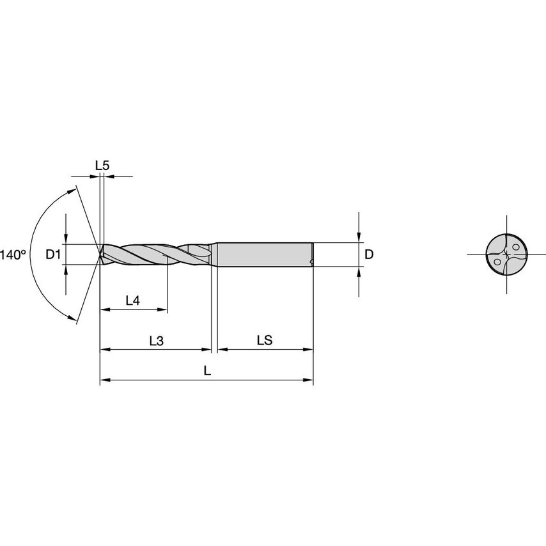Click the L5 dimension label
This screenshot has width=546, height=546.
102,166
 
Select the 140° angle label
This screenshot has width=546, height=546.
13,254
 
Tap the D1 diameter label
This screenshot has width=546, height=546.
53,254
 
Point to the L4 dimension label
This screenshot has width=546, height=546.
132,300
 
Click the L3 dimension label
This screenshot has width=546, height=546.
156,341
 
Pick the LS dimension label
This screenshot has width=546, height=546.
265,341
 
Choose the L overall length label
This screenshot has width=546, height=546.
207,371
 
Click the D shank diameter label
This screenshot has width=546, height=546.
368,254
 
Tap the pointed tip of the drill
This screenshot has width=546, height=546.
100,254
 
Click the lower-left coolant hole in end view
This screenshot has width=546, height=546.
497,261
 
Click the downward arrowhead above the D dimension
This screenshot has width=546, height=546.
359,238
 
